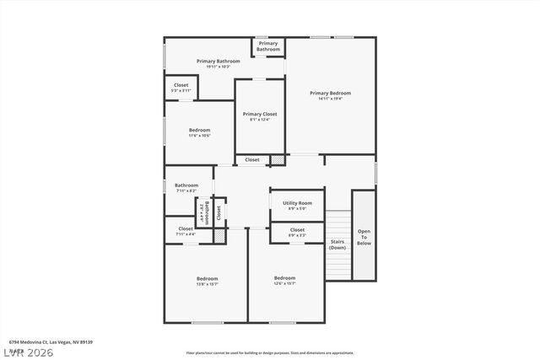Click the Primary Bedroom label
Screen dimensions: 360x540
pyautogui.click(x=330, y=93)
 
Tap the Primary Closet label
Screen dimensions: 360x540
pyautogui.click(x=260, y=114)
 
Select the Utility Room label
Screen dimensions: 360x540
pyautogui.click(x=297, y=203)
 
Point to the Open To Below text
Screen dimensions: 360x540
pyautogui.click(x=364, y=237)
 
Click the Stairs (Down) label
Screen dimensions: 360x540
pyautogui.click(x=337, y=244)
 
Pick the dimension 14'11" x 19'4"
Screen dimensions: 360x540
pyautogui.click(x=330, y=99)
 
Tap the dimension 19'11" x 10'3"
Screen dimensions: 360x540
pyautogui.click(x=219, y=67)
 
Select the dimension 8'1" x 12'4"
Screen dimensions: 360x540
pyautogui.click(x=260, y=120)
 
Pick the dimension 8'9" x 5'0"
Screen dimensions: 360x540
pyautogui.click(x=297, y=208)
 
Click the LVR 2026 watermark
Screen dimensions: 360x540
pyautogui.click(x=27, y=352)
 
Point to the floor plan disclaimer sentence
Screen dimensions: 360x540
pyautogui.click(x=270, y=352)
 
